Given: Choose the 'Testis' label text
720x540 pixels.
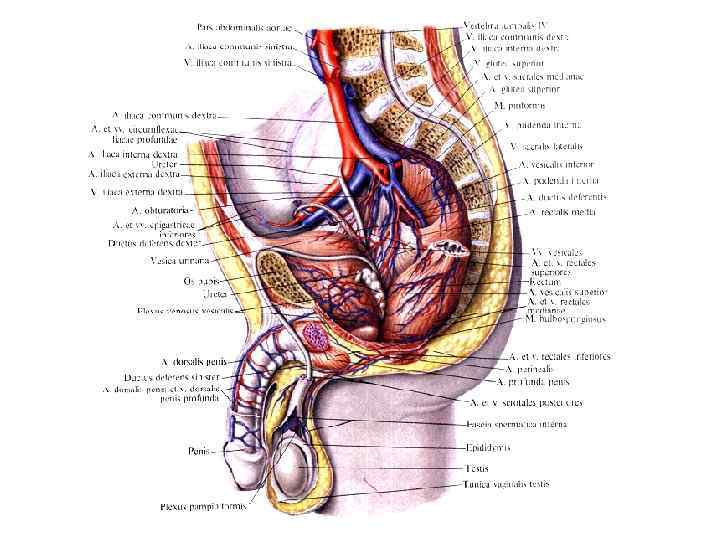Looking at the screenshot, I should (476, 467).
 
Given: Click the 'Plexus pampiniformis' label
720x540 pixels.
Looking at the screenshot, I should (204, 507).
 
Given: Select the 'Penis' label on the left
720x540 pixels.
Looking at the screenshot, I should (201, 451).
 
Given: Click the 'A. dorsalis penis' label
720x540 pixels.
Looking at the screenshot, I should (189, 361).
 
